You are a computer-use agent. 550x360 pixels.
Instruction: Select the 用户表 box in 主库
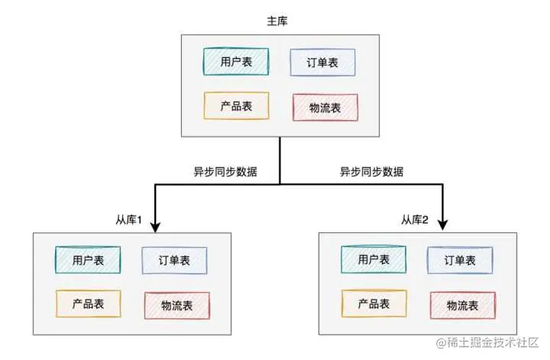tap(236, 61)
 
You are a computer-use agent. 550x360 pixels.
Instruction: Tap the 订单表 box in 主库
tap(322, 62)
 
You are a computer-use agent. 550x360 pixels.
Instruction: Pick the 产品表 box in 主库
tap(237, 105)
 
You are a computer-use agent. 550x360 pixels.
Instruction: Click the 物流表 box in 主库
tap(325, 107)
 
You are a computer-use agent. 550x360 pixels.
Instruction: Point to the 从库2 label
tap(416, 221)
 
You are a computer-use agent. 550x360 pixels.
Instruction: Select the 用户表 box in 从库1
tap(88, 261)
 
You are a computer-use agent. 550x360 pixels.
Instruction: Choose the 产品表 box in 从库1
tap(89, 304)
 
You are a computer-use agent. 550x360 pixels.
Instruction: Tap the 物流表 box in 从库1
tap(176, 306)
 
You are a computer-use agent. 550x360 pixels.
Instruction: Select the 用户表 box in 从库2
tap(374, 260)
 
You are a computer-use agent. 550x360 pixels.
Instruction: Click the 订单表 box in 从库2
tap(460, 261)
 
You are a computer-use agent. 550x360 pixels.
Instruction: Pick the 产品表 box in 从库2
tap(374, 303)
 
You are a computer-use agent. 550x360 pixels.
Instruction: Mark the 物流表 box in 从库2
tap(462, 306)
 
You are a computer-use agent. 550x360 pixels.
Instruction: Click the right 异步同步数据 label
tap(371, 172)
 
